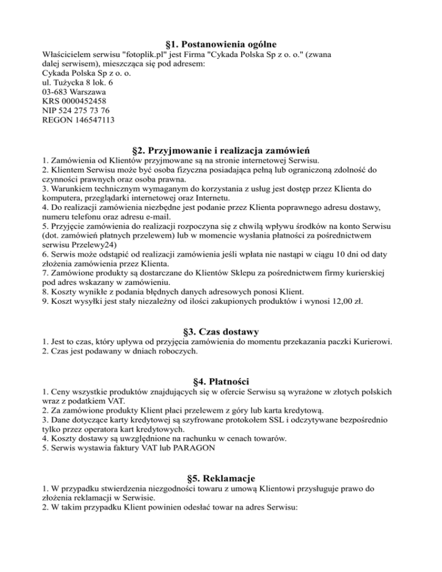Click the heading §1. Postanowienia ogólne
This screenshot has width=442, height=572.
(220, 44)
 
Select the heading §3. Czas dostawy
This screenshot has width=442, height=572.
(220, 331)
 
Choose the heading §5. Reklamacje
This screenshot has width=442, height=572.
(220, 478)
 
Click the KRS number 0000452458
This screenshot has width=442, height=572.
(81, 101)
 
